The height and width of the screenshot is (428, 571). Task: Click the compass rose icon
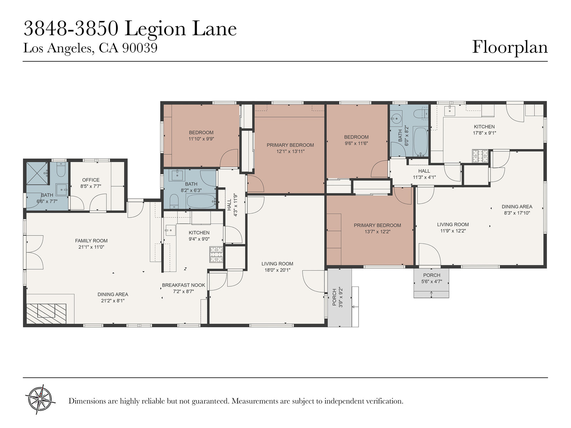point(40,399)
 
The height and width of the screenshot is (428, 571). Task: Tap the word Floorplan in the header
point(510,47)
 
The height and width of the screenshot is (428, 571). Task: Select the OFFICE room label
point(91,180)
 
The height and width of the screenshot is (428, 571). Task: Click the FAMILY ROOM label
point(91,241)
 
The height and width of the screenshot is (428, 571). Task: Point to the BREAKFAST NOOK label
point(183,285)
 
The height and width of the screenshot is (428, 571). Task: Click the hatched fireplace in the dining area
point(46,314)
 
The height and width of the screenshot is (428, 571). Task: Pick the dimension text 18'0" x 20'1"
point(277,270)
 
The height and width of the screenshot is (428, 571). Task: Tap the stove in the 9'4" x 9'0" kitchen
point(216,254)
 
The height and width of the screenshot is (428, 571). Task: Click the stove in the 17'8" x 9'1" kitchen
point(480,156)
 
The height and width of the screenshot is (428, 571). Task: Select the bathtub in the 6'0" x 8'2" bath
point(420,142)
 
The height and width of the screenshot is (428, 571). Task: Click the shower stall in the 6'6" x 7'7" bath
point(37,173)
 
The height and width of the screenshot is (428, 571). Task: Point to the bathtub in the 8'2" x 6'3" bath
point(201,201)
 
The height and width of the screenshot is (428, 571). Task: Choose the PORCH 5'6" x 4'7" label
point(431,278)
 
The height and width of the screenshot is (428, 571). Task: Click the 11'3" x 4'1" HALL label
point(424,174)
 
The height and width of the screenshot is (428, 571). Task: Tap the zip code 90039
point(140,48)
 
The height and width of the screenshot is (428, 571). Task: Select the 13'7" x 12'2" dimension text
point(378,231)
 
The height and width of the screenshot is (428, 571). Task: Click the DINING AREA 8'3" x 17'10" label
point(517,210)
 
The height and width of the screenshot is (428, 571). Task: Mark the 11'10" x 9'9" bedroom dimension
point(201,139)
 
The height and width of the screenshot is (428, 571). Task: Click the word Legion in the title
point(155,29)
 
